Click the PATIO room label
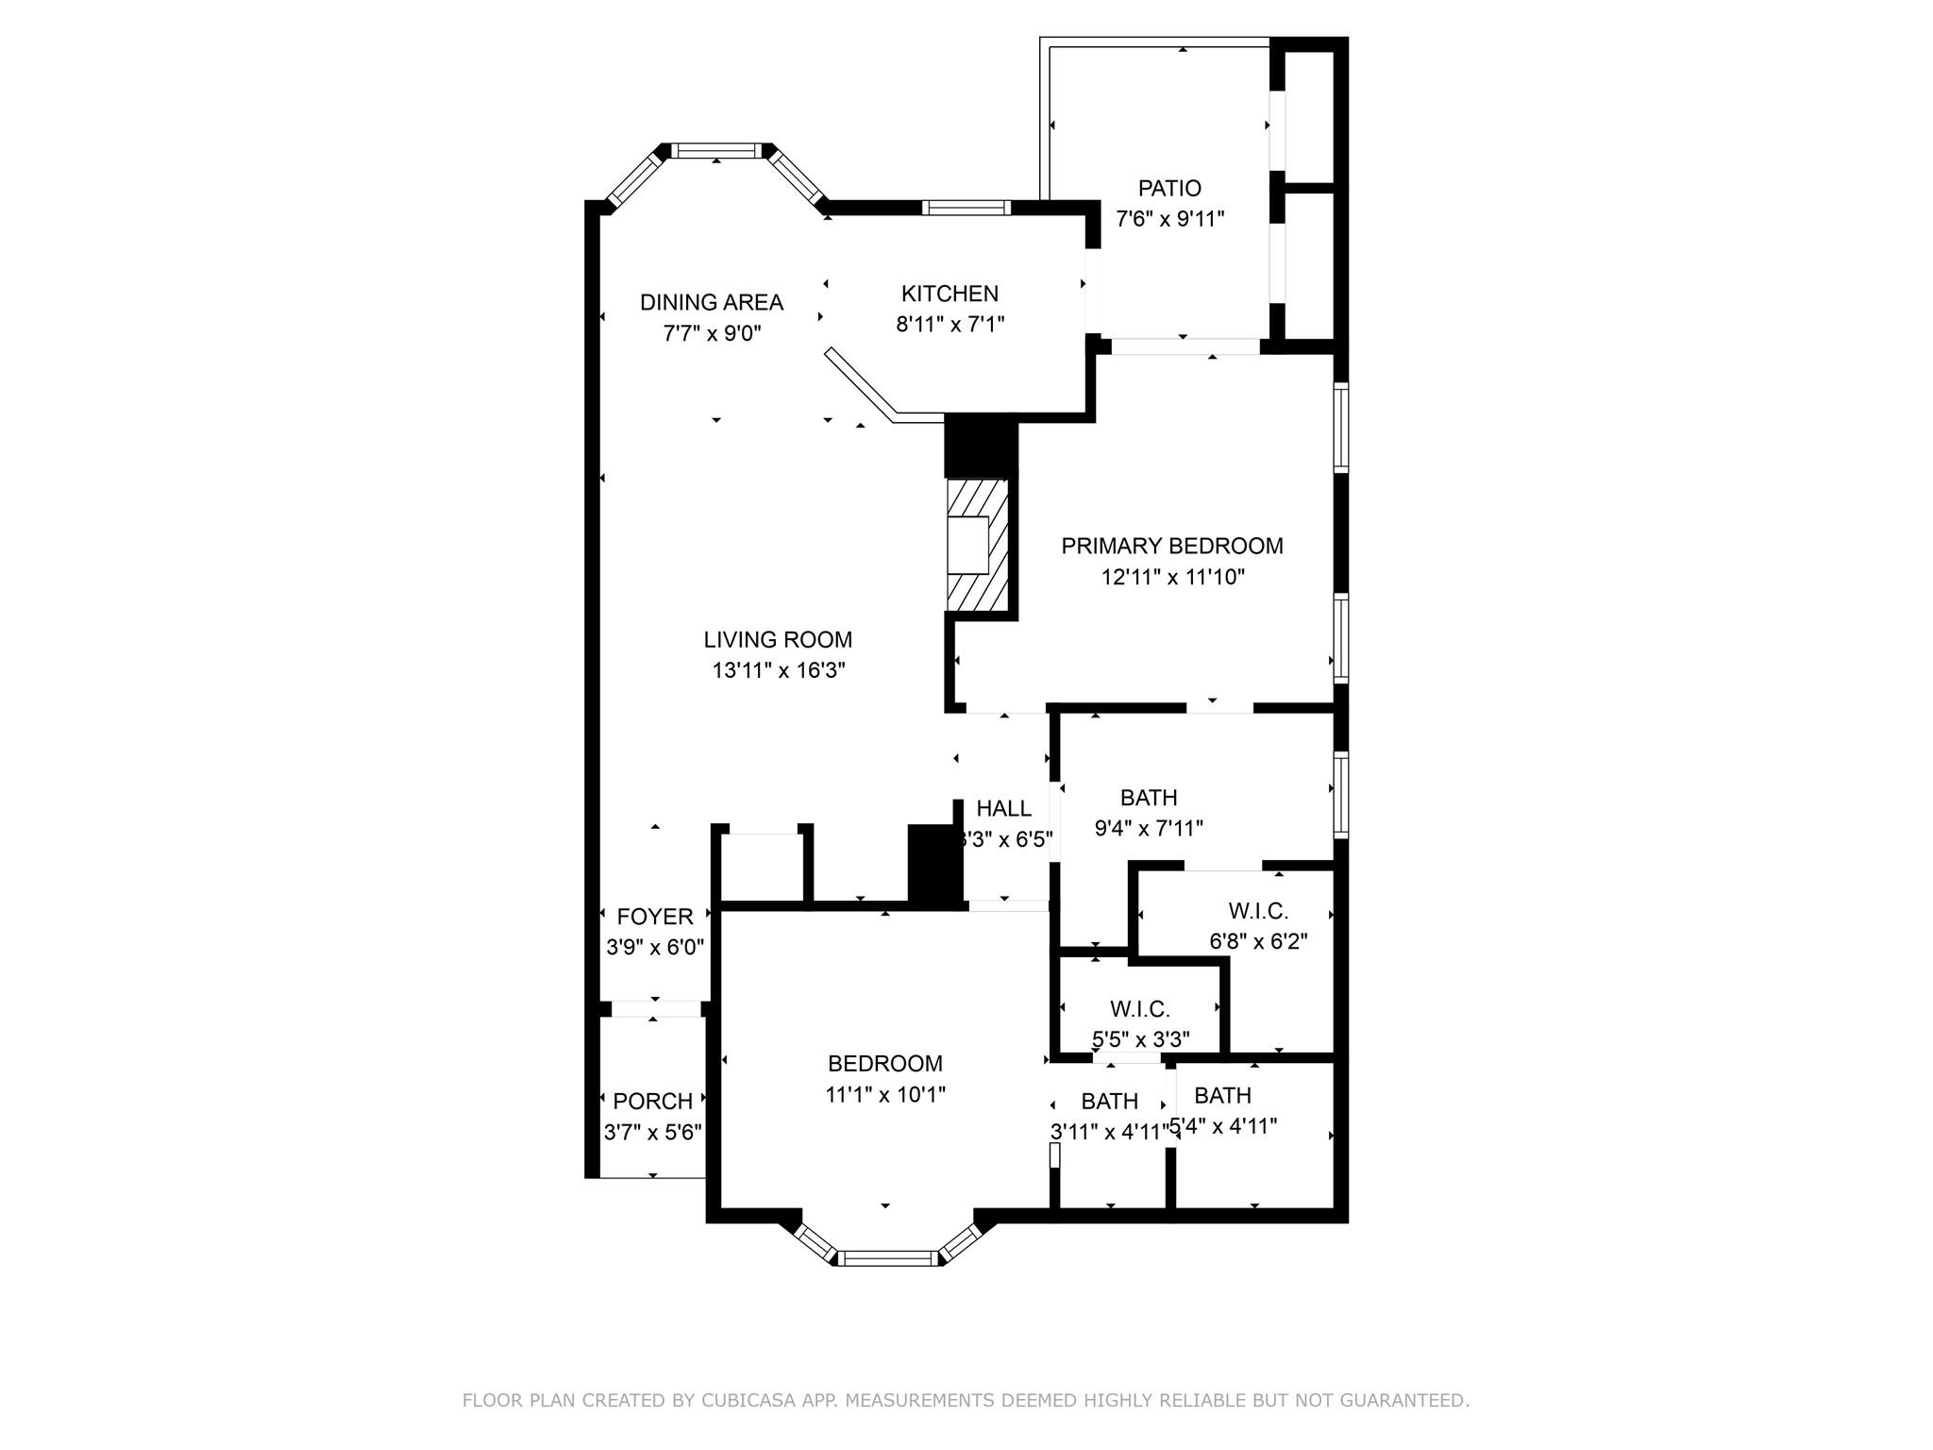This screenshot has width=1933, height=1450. (1169, 188)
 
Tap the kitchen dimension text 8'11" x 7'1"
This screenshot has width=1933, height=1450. (950, 325)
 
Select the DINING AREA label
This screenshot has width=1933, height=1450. (712, 302)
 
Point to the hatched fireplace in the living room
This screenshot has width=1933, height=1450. (978, 546)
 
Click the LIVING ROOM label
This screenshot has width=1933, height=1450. (778, 640)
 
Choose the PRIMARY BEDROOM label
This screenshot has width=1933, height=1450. (1172, 546)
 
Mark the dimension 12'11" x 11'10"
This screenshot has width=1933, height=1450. (1172, 577)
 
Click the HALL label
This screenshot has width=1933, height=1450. (1003, 809)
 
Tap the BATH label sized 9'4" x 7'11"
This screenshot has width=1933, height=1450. (1149, 798)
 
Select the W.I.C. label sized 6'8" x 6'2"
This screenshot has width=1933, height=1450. (1258, 911)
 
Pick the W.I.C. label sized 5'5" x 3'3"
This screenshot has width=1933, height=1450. (1140, 1009)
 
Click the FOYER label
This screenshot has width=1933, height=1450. (655, 917)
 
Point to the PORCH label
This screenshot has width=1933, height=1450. (653, 1101)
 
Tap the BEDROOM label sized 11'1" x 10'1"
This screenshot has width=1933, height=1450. (885, 1064)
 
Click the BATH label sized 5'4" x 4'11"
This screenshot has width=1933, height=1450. (1222, 1095)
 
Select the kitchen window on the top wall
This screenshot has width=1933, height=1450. (966, 208)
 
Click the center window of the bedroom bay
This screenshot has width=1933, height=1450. (888, 1257)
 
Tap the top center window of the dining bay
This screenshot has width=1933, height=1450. (717, 150)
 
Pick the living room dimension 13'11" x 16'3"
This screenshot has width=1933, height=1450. (778, 671)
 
